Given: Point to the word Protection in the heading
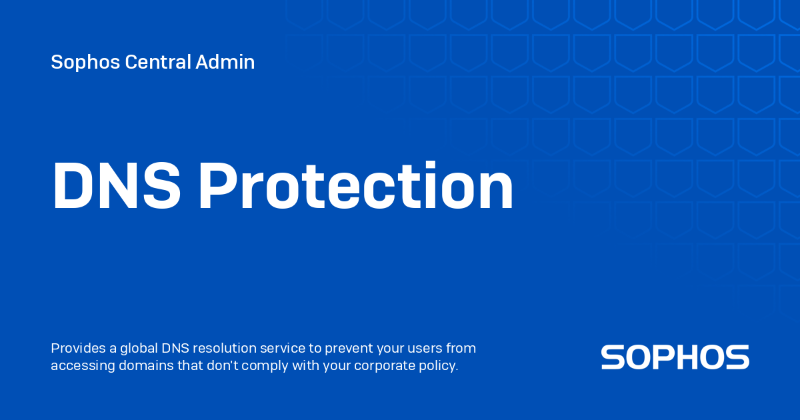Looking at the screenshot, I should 356,187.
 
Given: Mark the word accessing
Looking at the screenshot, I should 80,366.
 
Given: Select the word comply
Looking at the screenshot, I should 231,366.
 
